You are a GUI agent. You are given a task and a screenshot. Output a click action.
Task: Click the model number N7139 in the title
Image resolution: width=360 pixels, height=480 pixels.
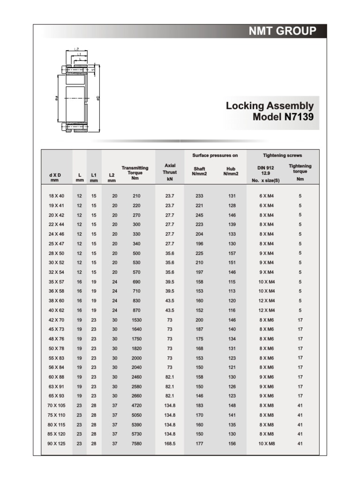click(x=299, y=117)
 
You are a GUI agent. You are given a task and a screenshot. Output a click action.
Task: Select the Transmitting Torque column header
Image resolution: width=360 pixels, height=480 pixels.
click(x=135, y=172)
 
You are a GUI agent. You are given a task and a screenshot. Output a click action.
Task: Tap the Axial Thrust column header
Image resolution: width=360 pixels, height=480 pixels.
click(x=170, y=172)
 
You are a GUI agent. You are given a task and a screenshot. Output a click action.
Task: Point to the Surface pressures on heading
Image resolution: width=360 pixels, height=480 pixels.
click(x=215, y=155)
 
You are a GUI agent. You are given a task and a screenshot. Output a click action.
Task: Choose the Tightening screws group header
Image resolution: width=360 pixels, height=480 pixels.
click(x=283, y=155)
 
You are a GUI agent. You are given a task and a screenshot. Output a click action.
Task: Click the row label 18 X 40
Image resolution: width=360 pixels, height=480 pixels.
click(x=56, y=196)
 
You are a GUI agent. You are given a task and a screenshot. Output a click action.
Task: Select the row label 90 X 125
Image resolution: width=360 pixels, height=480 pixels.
click(x=56, y=443)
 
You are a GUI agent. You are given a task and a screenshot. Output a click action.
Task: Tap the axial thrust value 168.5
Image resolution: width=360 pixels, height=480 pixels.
click(x=170, y=443)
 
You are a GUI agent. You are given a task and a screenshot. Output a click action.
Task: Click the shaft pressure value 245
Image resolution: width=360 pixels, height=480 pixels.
click(x=200, y=215)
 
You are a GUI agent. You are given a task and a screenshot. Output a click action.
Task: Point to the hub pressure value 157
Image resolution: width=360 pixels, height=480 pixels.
click(x=232, y=253)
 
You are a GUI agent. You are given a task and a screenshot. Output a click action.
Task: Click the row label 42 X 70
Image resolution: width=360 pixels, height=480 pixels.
click(x=56, y=320)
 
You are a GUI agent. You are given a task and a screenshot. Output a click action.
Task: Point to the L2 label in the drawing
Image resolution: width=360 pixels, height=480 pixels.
click(x=76, y=49)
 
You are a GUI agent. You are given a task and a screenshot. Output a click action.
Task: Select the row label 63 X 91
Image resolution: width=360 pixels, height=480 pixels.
click(x=56, y=386)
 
